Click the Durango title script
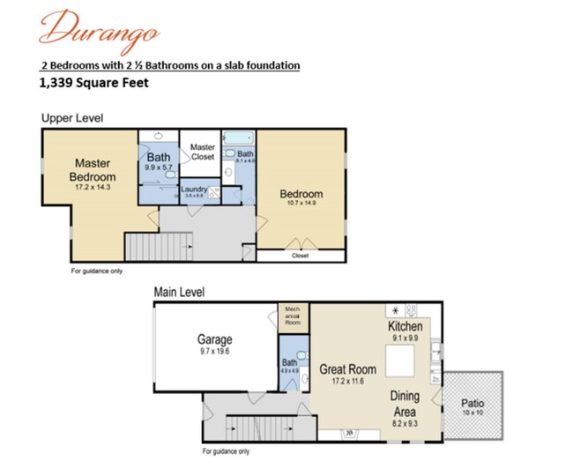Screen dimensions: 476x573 pos(98,29)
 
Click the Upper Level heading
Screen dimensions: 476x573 pos(72,118)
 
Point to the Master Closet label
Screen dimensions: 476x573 pos(203,151)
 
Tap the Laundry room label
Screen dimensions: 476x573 pos(193,190)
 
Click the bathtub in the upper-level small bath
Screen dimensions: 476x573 pos(237,138)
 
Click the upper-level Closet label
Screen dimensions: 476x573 pos(300,256)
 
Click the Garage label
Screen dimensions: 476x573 pos(214,339)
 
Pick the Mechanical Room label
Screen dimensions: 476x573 pos(292,316)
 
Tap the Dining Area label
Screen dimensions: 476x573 pos(406,403)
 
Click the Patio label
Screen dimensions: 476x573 pos(473,404)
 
